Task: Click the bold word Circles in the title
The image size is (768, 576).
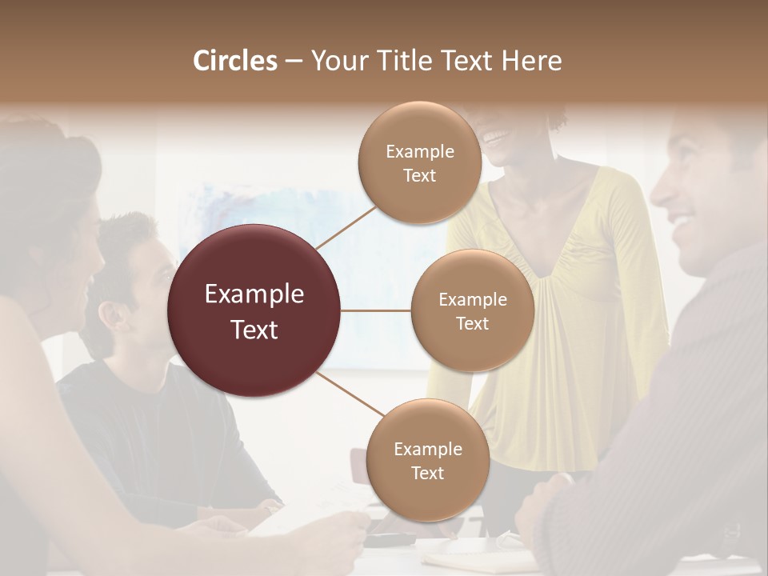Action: click(235, 61)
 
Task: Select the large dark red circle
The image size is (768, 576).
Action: click(254, 310)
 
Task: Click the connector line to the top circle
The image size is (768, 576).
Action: click(346, 226)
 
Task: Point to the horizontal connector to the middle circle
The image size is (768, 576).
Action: click(376, 310)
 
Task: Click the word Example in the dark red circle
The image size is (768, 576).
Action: click(254, 294)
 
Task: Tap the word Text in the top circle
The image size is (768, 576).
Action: click(419, 176)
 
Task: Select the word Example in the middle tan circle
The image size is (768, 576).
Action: click(472, 300)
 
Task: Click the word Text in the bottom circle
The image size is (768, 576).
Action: click(427, 474)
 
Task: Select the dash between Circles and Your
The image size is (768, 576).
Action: click(294, 62)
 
